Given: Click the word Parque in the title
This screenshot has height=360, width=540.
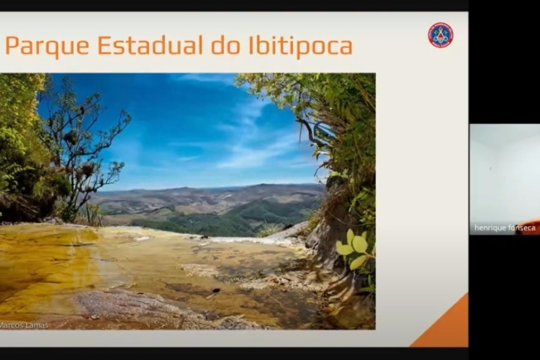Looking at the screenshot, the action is pos(48,46).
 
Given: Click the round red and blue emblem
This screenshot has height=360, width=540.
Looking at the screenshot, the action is pos(441,35).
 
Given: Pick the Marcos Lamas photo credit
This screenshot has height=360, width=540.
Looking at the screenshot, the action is pos(24,325).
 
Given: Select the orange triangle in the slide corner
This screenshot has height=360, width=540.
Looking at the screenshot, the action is pos(449,328).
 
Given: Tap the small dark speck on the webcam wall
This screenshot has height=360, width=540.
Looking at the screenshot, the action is pos(490,168).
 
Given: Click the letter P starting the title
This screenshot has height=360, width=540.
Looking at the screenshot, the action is pos(12,45).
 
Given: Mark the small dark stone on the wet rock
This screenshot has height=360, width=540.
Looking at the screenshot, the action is pos(216,290).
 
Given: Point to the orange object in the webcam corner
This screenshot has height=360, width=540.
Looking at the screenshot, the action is pos(528,228).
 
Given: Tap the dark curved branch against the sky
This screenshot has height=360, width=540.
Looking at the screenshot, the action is pos(312,132).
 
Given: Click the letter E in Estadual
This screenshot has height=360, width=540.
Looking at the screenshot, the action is pos(104,45).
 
